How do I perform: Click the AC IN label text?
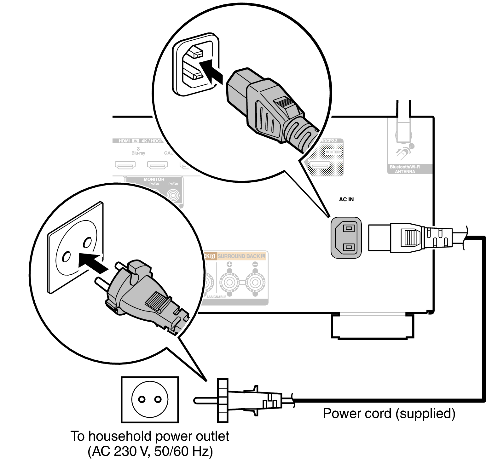click(x=346, y=199)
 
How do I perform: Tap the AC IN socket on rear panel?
click(x=346, y=238)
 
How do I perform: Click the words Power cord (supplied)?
click(x=389, y=413)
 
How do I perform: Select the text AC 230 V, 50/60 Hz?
click(x=150, y=451)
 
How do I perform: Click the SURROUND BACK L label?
click(x=241, y=256)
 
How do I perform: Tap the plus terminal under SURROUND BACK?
click(x=229, y=281)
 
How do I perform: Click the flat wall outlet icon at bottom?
click(x=150, y=399)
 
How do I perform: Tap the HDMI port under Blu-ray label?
click(x=125, y=165)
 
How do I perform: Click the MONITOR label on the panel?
click(x=154, y=179)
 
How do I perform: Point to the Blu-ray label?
click(x=138, y=153)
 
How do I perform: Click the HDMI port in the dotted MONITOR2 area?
click(x=320, y=165)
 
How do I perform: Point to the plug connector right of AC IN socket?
click(x=410, y=238)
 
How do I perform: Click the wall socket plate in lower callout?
click(x=76, y=249)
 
